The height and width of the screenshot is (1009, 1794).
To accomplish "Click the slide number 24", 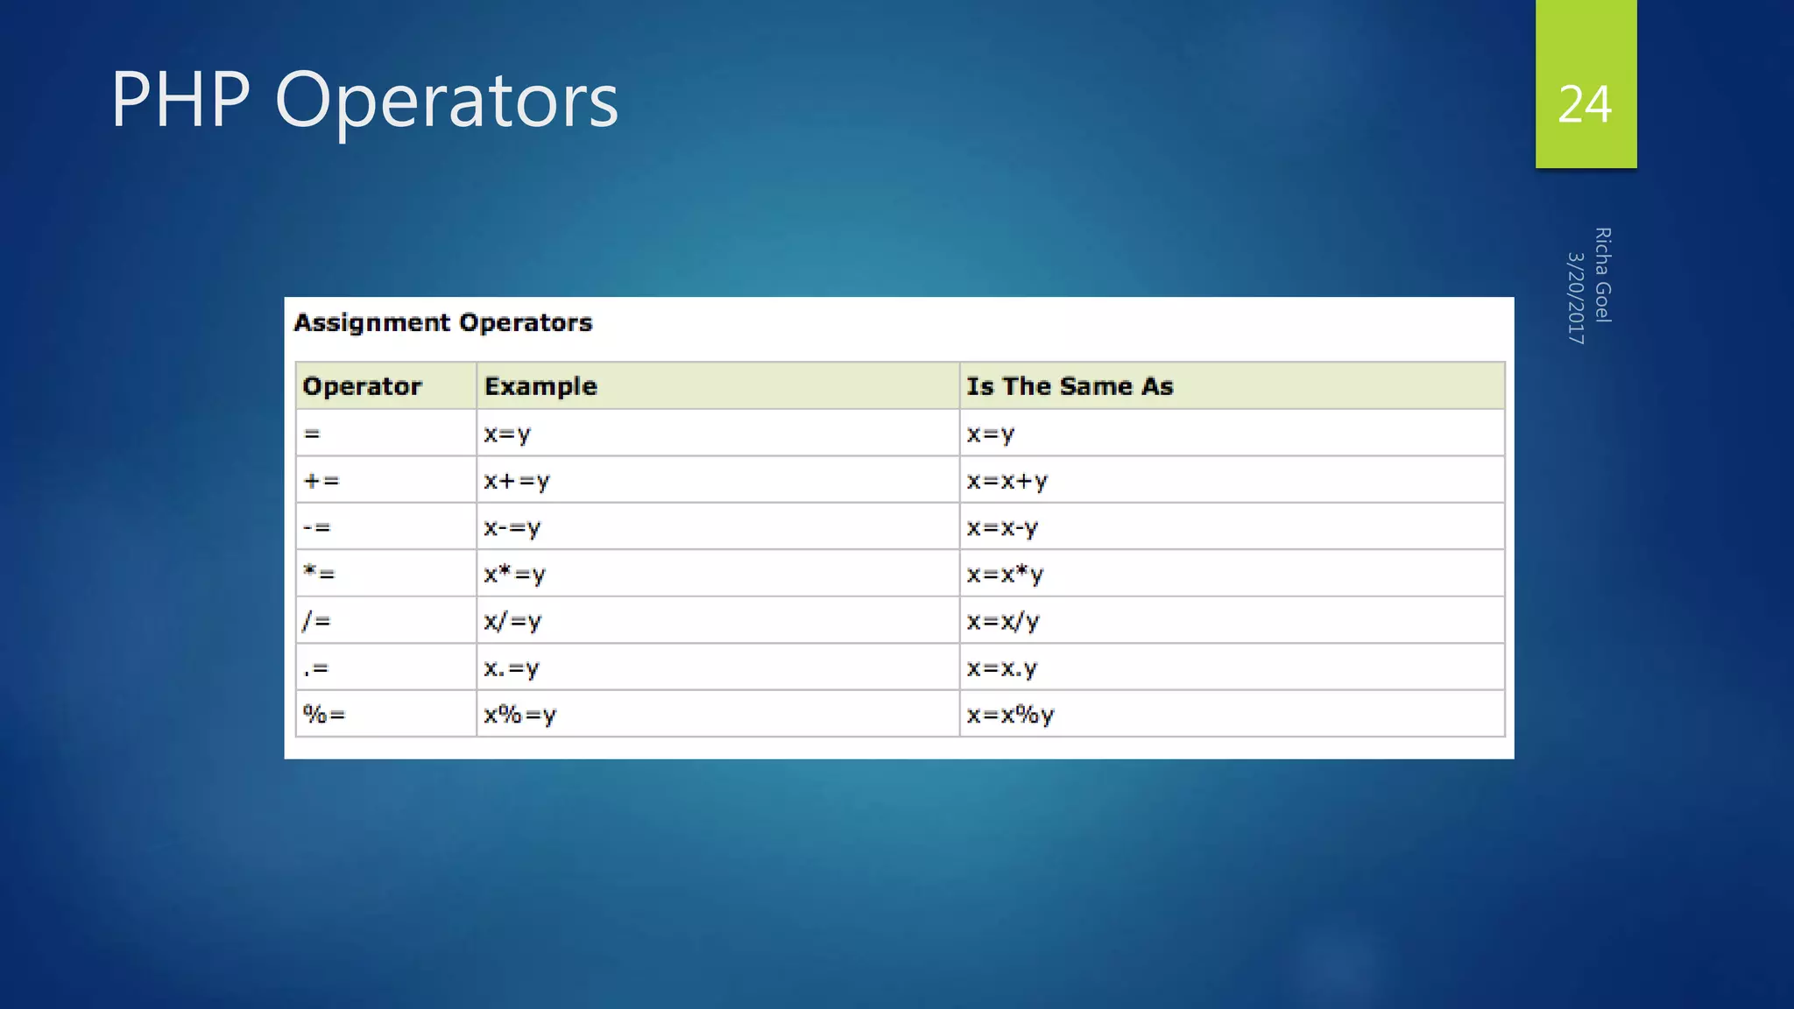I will point(1585,105).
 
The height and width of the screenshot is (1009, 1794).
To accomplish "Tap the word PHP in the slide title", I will point(180,100).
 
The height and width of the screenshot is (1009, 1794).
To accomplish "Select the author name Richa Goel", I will point(1602,275).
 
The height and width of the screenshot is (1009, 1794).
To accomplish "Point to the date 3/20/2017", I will point(1576,298).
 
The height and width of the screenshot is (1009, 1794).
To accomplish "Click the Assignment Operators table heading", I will point(443,323).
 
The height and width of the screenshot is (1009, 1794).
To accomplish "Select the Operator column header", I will point(362,386).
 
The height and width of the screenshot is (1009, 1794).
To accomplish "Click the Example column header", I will point(540,386).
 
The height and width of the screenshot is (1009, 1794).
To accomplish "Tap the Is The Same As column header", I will point(1070,386).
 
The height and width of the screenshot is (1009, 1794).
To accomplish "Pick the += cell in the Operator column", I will point(321,481).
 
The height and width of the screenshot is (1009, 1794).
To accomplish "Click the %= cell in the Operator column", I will point(324,715).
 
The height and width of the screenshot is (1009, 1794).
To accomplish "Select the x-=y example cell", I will point(512,528).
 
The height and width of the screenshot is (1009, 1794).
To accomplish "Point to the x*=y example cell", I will point(515,575).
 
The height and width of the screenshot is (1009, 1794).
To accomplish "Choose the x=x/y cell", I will point(1003,622).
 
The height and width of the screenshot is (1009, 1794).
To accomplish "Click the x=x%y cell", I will point(1010,715).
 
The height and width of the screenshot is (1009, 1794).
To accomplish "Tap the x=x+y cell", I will point(1007,481).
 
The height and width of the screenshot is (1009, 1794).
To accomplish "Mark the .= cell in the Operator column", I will point(315,669).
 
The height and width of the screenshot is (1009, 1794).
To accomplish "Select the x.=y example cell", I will point(512,669).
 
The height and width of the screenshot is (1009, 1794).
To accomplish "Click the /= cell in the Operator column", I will point(316,622).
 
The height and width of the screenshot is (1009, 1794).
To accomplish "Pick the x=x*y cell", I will point(1005,575).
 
